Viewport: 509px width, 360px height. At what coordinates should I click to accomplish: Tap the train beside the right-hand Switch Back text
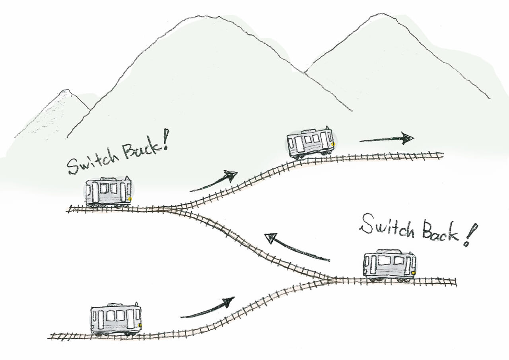pos(389,265)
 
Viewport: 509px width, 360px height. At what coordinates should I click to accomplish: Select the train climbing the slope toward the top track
pos(311,142)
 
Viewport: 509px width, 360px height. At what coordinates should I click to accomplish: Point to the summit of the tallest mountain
pos(206,16)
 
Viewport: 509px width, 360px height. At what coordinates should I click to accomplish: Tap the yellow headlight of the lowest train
pos(141,325)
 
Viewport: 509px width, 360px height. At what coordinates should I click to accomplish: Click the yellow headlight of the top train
pos(333,144)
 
